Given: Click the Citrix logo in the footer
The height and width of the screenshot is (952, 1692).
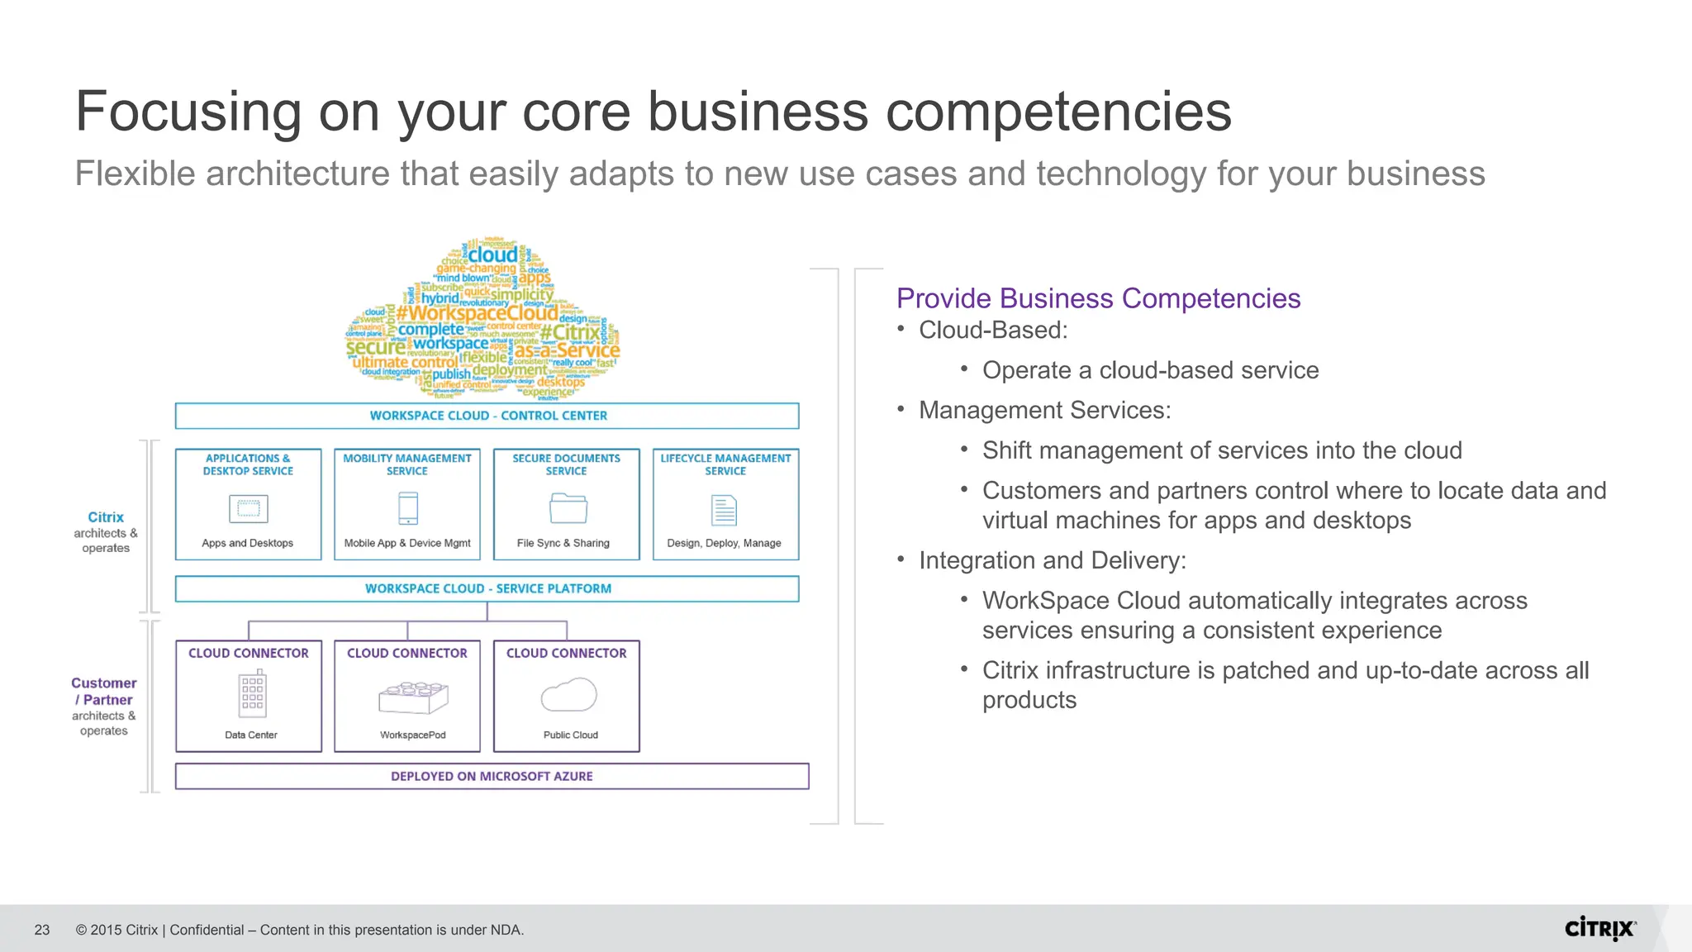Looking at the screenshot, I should click(1599, 929).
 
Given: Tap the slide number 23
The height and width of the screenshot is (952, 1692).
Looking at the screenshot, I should click(42, 930).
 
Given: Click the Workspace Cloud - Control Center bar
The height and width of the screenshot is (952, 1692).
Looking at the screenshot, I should click(487, 416).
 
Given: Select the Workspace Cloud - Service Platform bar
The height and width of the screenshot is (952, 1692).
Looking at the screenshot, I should click(487, 588).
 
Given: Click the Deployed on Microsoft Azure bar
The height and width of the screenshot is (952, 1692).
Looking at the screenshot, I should click(492, 776).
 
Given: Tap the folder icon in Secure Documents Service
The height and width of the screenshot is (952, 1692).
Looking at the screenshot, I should click(568, 508).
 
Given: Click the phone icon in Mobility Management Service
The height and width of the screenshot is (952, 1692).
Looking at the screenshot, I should click(408, 508).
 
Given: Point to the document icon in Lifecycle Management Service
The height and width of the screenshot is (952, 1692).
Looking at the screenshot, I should click(724, 510).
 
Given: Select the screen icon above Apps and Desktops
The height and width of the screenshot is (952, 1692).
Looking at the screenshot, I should click(249, 508).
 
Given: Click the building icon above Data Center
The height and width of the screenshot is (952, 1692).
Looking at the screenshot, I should click(253, 693).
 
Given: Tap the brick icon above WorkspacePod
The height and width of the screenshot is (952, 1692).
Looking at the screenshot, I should click(413, 697).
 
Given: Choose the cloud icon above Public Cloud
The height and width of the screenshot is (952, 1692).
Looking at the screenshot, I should click(569, 695).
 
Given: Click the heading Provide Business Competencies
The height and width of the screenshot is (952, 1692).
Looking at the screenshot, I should click(1098, 298).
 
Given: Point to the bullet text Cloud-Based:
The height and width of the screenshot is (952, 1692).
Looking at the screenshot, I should click(993, 331).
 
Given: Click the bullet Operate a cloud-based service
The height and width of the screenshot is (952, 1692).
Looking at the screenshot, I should click(1150, 370).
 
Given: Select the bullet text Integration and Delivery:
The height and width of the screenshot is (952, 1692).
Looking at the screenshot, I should click(1053, 560).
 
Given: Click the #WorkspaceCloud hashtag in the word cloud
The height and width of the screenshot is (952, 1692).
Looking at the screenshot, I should click(477, 313).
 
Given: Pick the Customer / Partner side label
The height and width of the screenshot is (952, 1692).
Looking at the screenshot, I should click(104, 692).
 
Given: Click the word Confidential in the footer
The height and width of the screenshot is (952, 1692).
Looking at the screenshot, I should click(207, 930).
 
